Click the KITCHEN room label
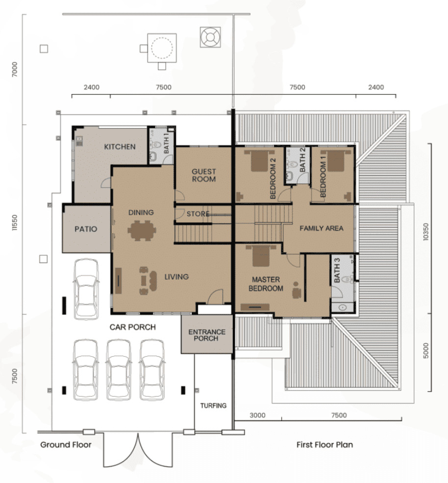120,146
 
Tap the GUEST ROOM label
204,175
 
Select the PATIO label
86,229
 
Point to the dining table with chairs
142,230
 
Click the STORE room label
198,214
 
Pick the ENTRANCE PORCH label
207,335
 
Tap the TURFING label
213,406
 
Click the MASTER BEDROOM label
266,284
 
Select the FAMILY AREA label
322,228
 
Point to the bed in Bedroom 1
336,161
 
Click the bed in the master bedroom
261,256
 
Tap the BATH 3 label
337,270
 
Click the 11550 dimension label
15,222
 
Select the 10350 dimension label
425,232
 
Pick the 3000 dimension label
257,415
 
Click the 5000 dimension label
425,351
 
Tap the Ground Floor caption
66,445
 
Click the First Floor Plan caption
325,445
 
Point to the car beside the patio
86,289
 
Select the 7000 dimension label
15,69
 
